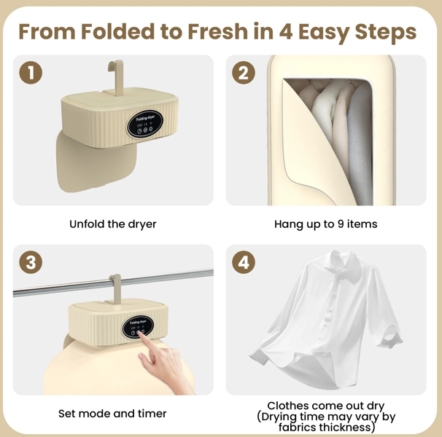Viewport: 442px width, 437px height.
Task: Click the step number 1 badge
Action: pos(30,72)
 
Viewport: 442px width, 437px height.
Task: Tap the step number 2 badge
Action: pos(243,72)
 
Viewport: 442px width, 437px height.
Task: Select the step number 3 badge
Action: pos(30,262)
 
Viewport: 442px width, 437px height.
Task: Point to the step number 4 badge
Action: pos(243,262)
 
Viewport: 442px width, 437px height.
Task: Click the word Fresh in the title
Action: pos(220,32)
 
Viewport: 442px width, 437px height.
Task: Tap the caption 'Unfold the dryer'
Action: pos(112,224)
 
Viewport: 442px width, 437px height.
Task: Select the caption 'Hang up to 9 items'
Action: pos(325,224)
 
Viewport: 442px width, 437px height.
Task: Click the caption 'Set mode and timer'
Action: pos(112,413)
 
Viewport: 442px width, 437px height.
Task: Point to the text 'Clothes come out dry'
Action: pos(325,406)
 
